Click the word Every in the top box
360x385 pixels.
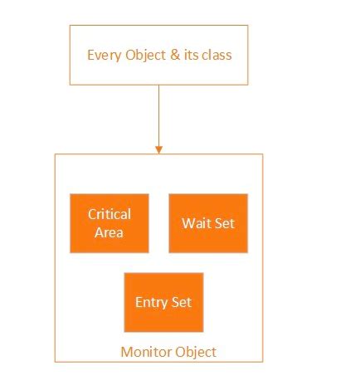click(x=103, y=56)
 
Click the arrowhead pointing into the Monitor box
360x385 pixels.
click(x=158, y=149)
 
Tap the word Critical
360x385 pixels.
click(x=109, y=214)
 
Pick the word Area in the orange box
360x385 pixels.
click(x=109, y=232)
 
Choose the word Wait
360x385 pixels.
click(x=196, y=223)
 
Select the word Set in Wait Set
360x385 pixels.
click(x=224, y=223)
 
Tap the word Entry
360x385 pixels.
click(x=151, y=302)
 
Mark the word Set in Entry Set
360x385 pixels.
click(x=182, y=302)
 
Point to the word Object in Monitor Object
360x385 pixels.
click(x=195, y=352)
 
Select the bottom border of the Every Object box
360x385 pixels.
click(x=158, y=84)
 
